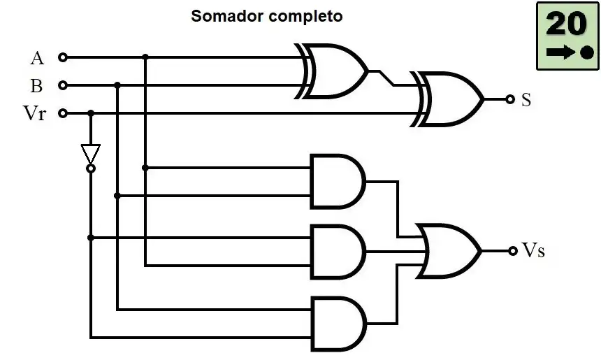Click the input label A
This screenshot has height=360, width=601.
[x=37, y=58]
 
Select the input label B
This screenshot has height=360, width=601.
[x=36, y=85]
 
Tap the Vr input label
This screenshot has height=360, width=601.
[x=34, y=113]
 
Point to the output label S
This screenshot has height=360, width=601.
[x=526, y=100]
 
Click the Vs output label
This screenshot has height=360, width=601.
[x=533, y=250]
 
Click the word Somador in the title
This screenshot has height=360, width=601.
[x=227, y=16]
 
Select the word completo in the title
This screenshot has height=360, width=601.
[x=305, y=17]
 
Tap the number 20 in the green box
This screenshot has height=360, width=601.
[x=567, y=24]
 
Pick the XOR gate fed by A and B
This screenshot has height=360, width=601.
[x=332, y=71]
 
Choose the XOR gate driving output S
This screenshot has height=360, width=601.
[x=448, y=99]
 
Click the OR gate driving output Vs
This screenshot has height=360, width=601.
[x=449, y=251]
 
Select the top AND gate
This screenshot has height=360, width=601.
[x=338, y=182]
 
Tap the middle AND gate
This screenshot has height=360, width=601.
[x=338, y=252]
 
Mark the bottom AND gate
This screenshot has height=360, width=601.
[x=338, y=324]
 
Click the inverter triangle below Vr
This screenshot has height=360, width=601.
[x=91, y=154]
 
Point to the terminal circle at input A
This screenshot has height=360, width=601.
[x=63, y=57]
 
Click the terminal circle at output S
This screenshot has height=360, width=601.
[x=509, y=99]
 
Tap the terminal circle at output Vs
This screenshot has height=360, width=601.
[x=513, y=251]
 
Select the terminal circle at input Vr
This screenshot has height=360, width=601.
[x=63, y=113]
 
